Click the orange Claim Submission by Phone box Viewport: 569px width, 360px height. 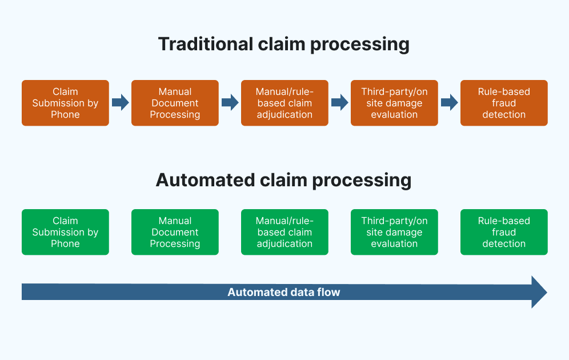65,103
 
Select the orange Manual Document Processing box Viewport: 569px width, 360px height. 175,103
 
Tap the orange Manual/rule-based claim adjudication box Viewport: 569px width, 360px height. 284,103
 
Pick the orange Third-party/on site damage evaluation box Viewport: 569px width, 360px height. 394,103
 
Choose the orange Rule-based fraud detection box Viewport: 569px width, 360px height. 504,103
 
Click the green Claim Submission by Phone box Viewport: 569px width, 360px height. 65,232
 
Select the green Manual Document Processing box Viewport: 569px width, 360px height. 175,232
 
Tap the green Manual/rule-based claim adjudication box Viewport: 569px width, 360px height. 284,232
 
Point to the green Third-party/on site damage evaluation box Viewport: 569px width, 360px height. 394,232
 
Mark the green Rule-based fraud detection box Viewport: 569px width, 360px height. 504,232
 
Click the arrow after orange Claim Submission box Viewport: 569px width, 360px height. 121,102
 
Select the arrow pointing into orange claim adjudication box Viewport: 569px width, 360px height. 230,102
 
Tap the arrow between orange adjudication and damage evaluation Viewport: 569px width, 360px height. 340,102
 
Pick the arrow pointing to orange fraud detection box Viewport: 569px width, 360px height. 449,102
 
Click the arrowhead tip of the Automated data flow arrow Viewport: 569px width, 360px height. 547,292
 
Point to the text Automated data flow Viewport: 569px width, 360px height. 284,292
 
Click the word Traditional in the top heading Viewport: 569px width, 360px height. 206,44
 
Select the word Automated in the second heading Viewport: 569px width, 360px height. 206,180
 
